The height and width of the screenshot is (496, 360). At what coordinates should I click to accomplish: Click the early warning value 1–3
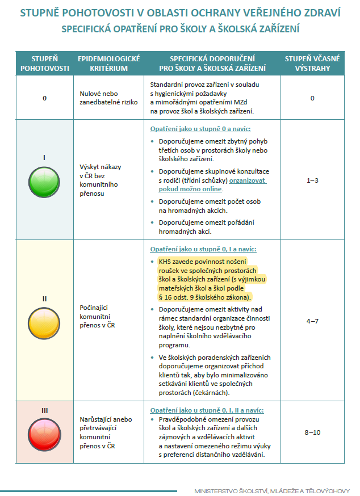[x=312, y=180]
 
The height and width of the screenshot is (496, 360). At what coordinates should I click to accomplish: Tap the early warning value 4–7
[x=312, y=321]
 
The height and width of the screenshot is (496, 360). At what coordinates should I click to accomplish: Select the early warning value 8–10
[x=312, y=432]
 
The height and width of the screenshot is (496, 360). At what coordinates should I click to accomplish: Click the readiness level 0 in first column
[x=45, y=98]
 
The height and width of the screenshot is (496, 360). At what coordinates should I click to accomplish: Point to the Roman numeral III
[x=45, y=410]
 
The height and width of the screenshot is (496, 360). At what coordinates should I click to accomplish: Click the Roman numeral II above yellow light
[x=45, y=299]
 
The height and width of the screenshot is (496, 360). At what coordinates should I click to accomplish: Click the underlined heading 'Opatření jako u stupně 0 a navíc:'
[x=200, y=129]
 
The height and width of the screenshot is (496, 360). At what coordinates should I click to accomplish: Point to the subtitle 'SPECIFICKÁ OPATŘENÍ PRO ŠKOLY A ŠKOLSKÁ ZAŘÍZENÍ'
[x=180, y=28]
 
